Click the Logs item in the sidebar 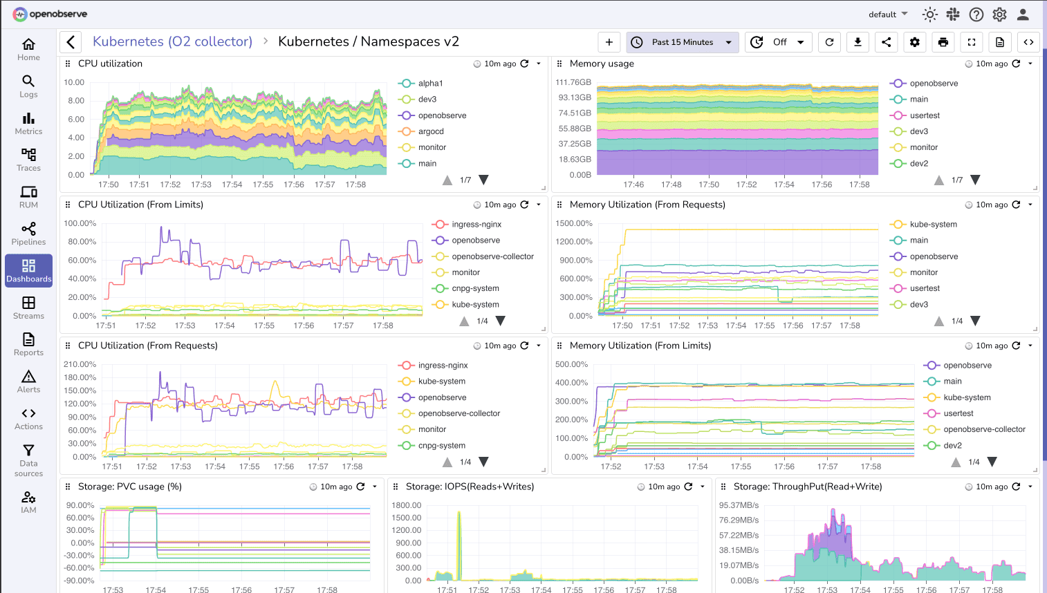pyautogui.click(x=28, y=86)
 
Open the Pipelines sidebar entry pyautogui.click(x=28, y=234)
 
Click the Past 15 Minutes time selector pyautogui.click(x=682, y=42)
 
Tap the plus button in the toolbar pyautogui.click(x=609, y=42)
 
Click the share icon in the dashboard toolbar pyautogui.click(x=886, y=42)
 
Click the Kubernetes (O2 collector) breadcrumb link pyautogui.click(x=172, y=41)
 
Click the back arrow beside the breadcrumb pyautogui.click(x=71, y=42)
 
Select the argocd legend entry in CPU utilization pyautogui.click(x=430, y=131)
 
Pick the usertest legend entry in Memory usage pyautogui.click(x=924, y=115)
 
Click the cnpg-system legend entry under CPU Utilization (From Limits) pyautogui.click(x=474, y=288)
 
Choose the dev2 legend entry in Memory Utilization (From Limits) pyautogui.click(x=952, y=446)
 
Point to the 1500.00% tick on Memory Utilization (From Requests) pyautogui.click(x=574, y=223)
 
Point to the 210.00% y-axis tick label pyautogui.click(x=80, y=364)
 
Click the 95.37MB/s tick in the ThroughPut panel pyautogui.click(x=739, y=505)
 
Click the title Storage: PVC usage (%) pyautogui.click(x=129, y=487)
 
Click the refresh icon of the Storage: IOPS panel pyautogui.click(x=688, y=487)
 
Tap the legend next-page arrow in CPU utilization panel pyautogui.click(x=483, y=180)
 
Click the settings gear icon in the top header pyautogui.click(x=999, y=15)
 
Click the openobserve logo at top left pyautogui.click(x=50, y=14)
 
